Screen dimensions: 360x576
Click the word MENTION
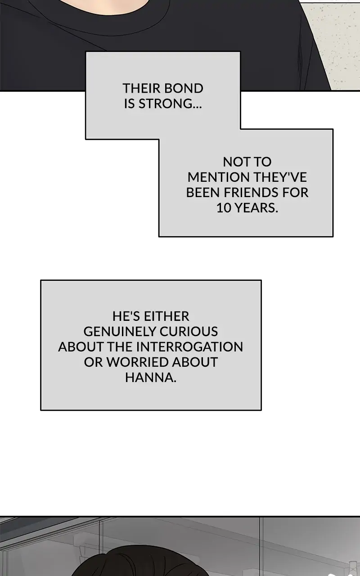click(219, 177)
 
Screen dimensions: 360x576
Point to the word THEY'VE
click(280, 177)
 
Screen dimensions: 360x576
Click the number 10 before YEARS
click(224, 208)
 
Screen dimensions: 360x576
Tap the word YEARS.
click(256, 208)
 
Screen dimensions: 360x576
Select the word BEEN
click(203, 193)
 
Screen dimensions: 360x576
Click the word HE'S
click(126, 316)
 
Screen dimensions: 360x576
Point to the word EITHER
click(166, 316)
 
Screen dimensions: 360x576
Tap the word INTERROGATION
click(189, 347)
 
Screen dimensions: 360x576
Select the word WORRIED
click(138, 362)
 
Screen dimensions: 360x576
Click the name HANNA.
click(151, 378)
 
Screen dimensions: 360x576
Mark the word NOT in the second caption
click(234, 162)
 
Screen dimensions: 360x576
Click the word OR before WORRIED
click(93, 362)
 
